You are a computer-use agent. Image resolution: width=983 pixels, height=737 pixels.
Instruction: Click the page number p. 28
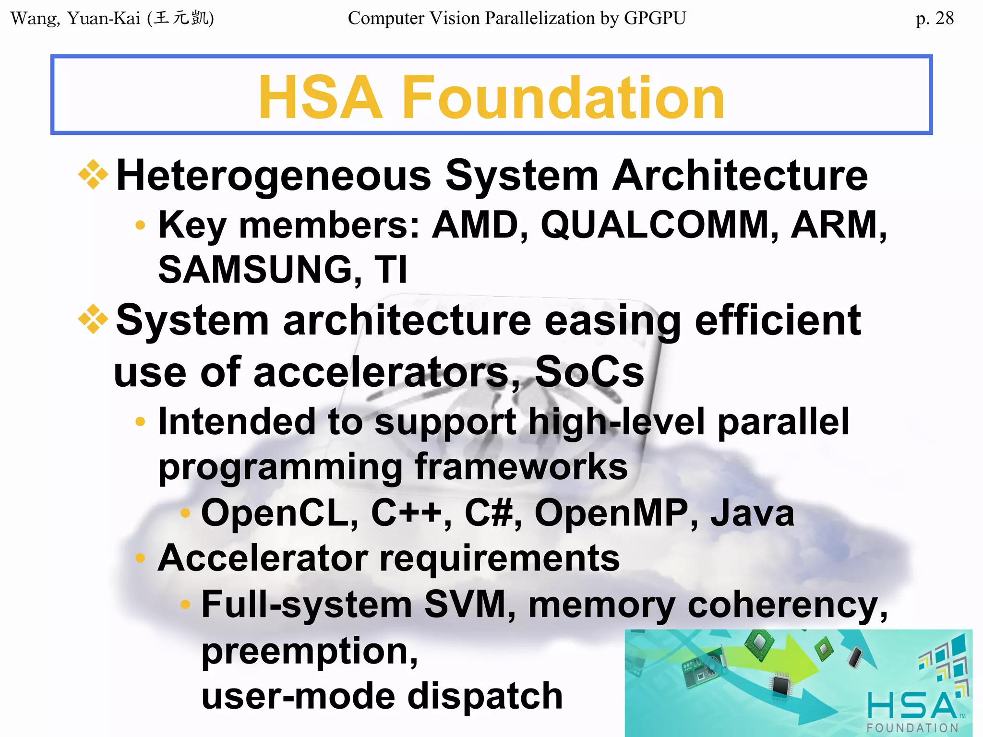[x=934, y=18]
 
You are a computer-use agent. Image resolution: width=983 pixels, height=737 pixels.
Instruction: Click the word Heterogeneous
[x=274, y=176]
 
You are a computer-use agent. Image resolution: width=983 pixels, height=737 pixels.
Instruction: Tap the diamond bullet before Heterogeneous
[x=93, y=175]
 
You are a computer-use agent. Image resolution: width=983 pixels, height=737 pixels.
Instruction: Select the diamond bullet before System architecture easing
[x=93, y=320]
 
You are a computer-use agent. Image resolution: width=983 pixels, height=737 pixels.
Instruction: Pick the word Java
[x=752, y=513]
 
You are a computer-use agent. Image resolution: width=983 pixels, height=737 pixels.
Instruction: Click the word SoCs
[x=589, y=372]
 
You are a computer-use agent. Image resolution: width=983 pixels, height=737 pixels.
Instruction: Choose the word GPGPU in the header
[x=655, y=18]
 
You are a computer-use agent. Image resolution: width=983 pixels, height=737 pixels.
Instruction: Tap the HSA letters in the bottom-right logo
[x=912, y=706]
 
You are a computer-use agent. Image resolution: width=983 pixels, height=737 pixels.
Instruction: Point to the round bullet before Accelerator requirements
[x=140, y=558]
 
